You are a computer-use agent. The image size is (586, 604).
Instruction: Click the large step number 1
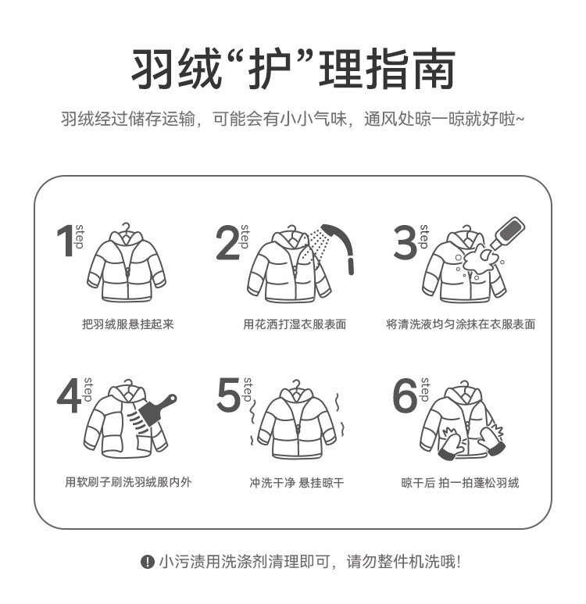(66, 241)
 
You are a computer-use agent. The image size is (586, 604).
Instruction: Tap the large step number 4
(70, 396)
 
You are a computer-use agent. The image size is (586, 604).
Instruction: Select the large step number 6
(405, 395)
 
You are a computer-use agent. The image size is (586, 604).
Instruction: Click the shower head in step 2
(339, 247)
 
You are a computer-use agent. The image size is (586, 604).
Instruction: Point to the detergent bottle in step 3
(508, 232)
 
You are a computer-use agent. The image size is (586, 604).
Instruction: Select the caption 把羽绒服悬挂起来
(128, 324)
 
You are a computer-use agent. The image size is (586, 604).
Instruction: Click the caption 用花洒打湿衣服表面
(295, 324)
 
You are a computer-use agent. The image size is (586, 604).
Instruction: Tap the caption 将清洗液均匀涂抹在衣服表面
(461, 324)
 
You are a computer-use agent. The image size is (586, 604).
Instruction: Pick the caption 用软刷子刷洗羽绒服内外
(128, 482)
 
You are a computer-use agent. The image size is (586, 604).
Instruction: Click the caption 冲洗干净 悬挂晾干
(296, 482)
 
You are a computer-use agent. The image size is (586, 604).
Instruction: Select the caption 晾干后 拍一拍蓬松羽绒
(460, 482)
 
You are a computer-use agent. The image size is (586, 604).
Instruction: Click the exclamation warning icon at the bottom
(147, 562)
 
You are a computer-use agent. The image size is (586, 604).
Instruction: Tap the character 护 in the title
(270, 70)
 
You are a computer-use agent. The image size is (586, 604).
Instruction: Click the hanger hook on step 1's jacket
(126, 227)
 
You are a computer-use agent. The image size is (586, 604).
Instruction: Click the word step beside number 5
(248, 390)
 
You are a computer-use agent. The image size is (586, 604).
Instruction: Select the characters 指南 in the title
(410, 70)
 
